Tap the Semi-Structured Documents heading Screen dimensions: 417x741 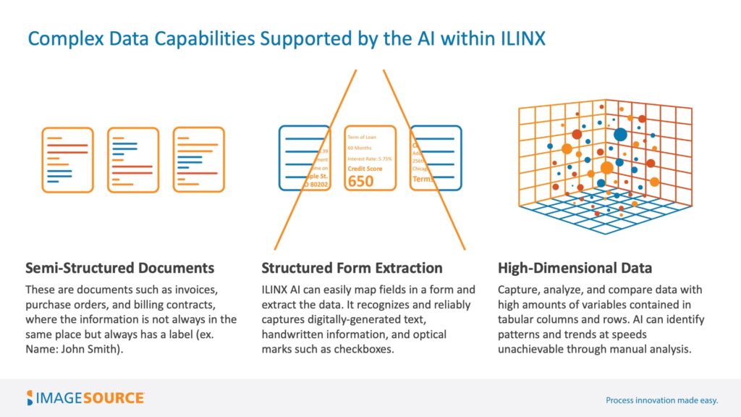(x=119, y=268)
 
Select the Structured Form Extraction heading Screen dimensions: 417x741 (x=352, y=268)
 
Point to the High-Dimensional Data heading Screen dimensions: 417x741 (x=575, y=268)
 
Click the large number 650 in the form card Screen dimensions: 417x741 (x=361, y=180)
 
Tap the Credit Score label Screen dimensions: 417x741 (x=365, y=168)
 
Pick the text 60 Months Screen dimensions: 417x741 (x=360, y=148)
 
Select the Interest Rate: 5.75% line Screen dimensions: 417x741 (x=369, y=158)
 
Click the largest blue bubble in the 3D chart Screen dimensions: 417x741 (x=620, y=134)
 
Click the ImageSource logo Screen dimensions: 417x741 (x=85, y=397)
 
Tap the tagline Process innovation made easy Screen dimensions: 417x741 (x=661, y=400)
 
